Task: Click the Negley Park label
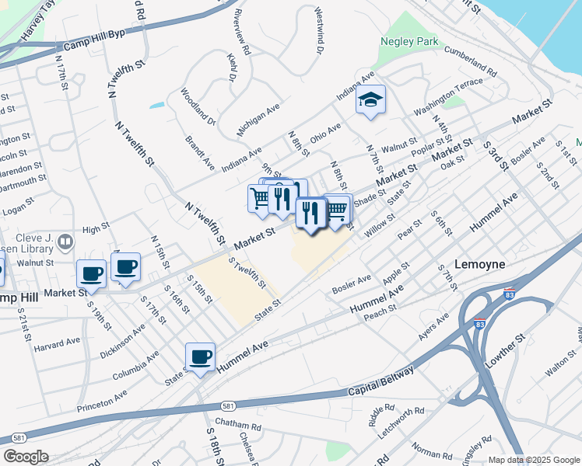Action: [409, 41]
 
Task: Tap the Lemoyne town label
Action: [479, 264]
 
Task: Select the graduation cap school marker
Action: [371, 100]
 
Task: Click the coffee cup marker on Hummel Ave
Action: [201, 356]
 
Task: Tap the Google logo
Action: [26, 456]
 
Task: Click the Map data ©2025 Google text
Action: [534, 460]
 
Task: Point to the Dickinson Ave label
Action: [122, 343]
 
